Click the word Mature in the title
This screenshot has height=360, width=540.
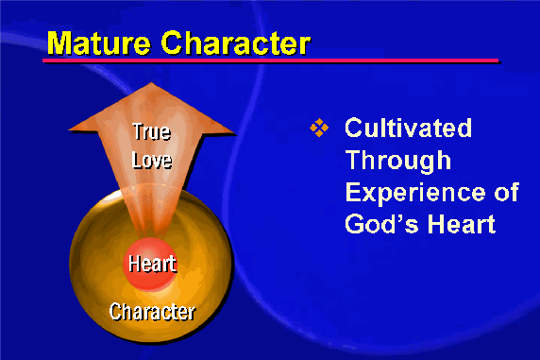click(99, 43)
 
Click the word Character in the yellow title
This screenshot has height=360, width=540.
click(236, 43)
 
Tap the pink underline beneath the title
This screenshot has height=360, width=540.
click(271, 60)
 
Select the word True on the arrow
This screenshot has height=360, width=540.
click(152, 131)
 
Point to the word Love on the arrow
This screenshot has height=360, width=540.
click(152, 160)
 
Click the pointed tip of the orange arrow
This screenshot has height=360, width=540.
click(152, 83)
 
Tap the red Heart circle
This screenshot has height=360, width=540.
click(150, 264)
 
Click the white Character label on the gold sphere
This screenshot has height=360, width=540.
click(152, 312)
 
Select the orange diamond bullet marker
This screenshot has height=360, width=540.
click(319, 128)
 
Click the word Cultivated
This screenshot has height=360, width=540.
click(409, 128)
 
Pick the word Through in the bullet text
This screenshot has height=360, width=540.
click(398, 161)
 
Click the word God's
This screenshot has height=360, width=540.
click(382, 224)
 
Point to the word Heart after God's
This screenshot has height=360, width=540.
click(462, 224)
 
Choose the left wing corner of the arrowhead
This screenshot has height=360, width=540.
click(70, 129)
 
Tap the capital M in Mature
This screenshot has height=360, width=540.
click(59, 43)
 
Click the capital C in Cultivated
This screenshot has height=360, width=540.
click(354, 128)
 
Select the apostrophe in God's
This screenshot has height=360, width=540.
click(398, 218)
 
